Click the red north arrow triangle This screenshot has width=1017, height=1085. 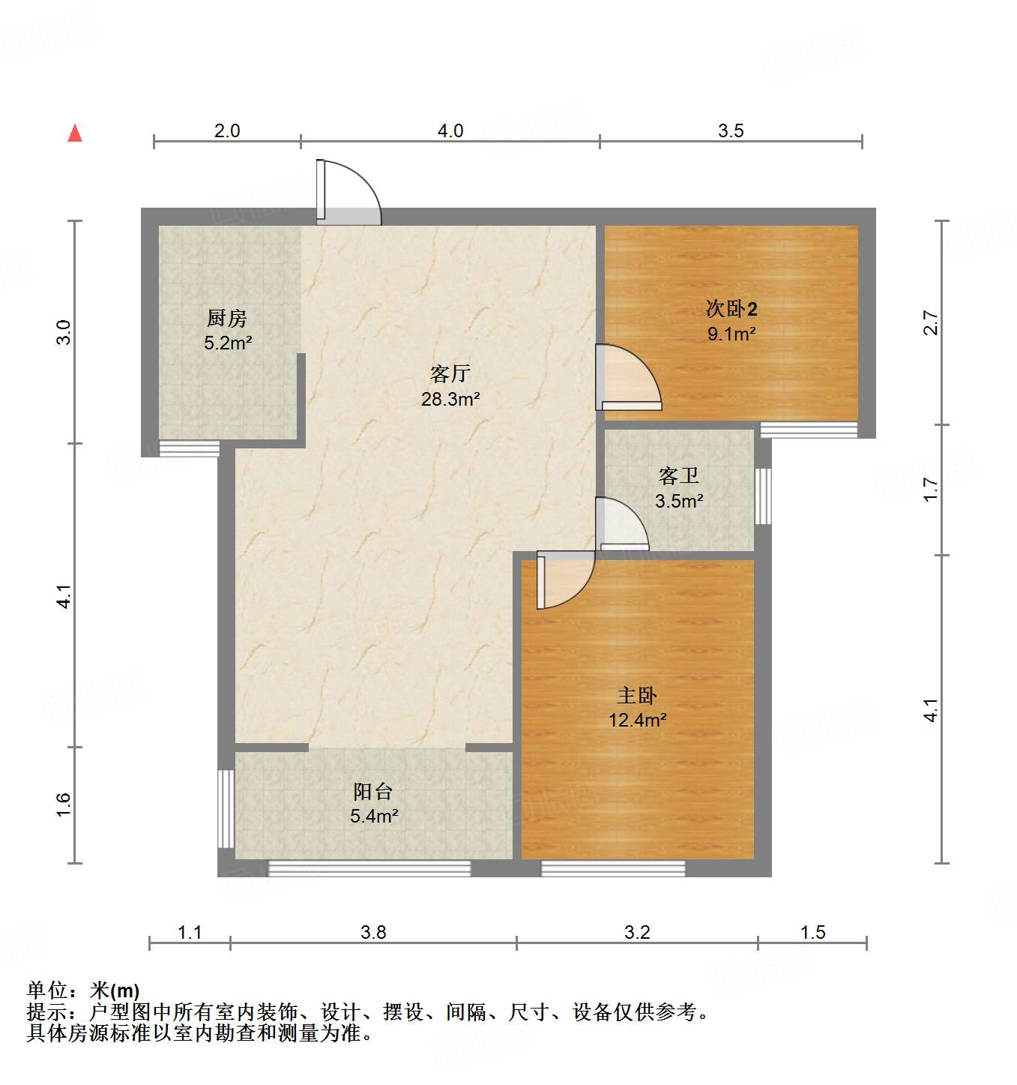(75, 133)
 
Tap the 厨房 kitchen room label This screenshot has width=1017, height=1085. (227, 319)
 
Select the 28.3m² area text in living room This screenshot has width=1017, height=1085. (450, 399)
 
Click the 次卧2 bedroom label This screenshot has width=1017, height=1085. (731, 309)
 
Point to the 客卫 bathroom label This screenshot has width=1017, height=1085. (679, 475)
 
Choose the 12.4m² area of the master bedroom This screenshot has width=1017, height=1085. (637, 721)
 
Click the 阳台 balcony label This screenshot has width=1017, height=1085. (372, 791)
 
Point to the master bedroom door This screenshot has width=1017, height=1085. (564, 580)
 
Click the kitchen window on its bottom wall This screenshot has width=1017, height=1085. (190, 448)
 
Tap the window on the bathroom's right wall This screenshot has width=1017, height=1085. (763, 496)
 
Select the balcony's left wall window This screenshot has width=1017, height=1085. (226, 808)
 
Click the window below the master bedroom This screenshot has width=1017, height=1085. (613, 868)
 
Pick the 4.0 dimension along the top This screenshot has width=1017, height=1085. (450, 131)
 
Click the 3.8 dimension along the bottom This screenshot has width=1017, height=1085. (373, 932)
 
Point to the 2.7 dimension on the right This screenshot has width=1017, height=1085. (931, 322)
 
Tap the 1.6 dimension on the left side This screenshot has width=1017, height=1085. (64, 805)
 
